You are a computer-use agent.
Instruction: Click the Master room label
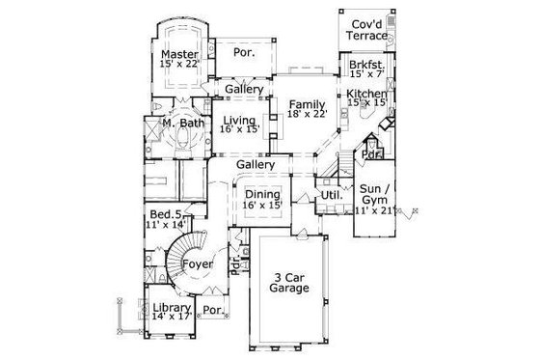coord(180,54)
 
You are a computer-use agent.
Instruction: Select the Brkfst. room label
coord(366,66)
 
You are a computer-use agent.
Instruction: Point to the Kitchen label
coord(367,94)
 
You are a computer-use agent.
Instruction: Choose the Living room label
coord(239,122)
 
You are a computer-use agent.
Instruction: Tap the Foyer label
coord(198,263)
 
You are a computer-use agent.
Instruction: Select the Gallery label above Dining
coord(256,165)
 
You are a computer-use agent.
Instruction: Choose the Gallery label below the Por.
coord(245,90)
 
